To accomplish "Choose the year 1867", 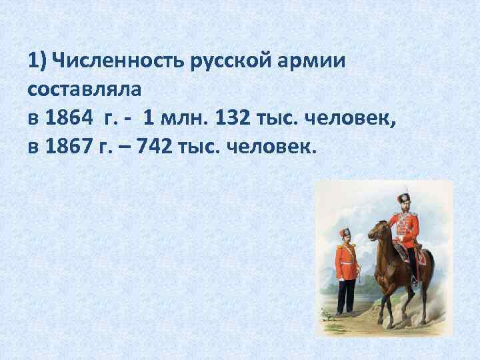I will (69, 145).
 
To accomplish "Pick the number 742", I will (155, 145).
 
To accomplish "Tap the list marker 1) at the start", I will (38, 62).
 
